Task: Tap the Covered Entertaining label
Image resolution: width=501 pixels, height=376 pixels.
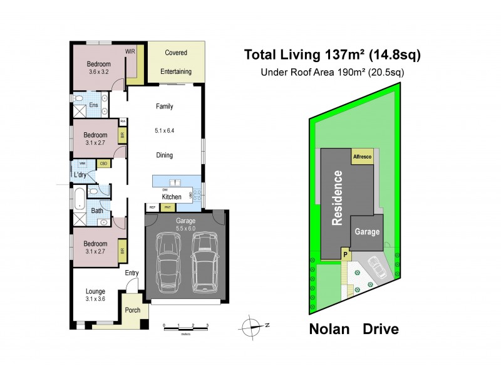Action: tap(176, 62)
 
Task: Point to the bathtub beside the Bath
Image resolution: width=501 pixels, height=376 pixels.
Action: tap(80, 199)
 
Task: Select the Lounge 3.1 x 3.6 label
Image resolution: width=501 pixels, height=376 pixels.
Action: tap(96, 295)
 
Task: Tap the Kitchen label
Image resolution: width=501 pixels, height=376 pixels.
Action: tap(171, 197)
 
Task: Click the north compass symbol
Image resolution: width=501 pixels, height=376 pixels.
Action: tap(253, 325)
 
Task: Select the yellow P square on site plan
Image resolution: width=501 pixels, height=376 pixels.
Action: tap(344, 254)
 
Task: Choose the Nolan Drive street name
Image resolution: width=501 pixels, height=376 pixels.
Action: tap(354, 328)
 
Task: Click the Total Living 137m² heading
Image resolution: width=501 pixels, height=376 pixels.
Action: tap(331, 55)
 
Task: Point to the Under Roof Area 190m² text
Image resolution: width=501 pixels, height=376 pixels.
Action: tap(332, 72)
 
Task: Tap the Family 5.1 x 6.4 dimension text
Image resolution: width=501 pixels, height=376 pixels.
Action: tap(164, 131)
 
